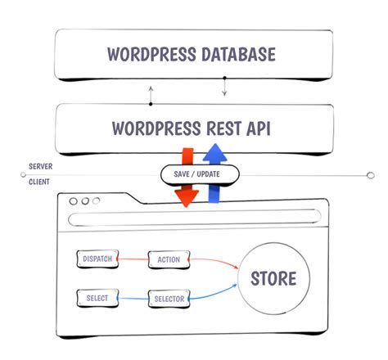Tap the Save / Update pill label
(200, 173)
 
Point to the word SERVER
(41, 166)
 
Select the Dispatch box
(97, 259)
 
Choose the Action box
(169, 260)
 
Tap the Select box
(97, 299)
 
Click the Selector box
(169, 299)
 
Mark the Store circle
(274, 279)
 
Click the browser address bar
(194, 218)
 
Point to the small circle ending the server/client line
(370, 173)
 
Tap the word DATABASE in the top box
(235, 56)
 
